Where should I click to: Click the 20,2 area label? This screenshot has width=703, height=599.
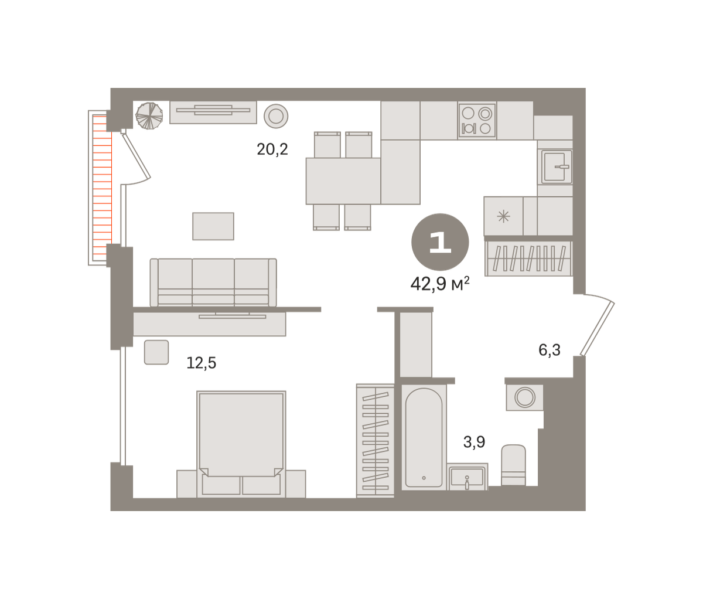click(x=272, y=149)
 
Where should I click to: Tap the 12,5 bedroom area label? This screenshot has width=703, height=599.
click(x=202, y=363)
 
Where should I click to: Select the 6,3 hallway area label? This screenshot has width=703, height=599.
click(x=550, y=350)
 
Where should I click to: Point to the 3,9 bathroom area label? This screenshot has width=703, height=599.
click(x=474, y=442)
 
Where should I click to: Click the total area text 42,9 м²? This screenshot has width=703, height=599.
click(x=440, y=284)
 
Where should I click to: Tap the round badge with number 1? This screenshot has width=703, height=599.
click(x=440, y=242)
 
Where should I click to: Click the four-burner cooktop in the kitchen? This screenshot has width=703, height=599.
click(x=477, y=121)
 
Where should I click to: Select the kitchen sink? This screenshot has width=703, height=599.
click(x=555, y=167)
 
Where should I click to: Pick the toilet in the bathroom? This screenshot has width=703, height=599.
click(x=514, y=465)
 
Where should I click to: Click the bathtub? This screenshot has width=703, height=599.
click(x=424, y=438)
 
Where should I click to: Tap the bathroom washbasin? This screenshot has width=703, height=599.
click(x=467, y=477)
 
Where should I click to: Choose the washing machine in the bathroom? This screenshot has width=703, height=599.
click(x=524, y=397)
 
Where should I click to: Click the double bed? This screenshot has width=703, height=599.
click(x=241, y=444)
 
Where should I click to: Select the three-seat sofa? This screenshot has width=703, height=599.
click(x=213, y=283)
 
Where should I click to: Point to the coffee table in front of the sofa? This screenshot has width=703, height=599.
click(x=213, y=226)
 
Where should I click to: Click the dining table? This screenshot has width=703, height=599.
click(x=343, y=181)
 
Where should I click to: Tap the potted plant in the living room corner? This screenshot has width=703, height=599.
click(x=149, y=115)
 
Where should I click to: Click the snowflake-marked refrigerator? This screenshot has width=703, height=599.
click(x=503, y=216)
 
